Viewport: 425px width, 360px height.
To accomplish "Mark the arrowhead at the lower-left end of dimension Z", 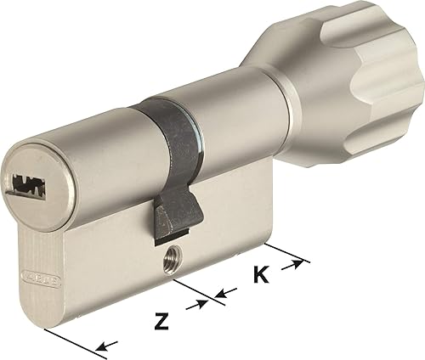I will [x=105, y=346].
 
